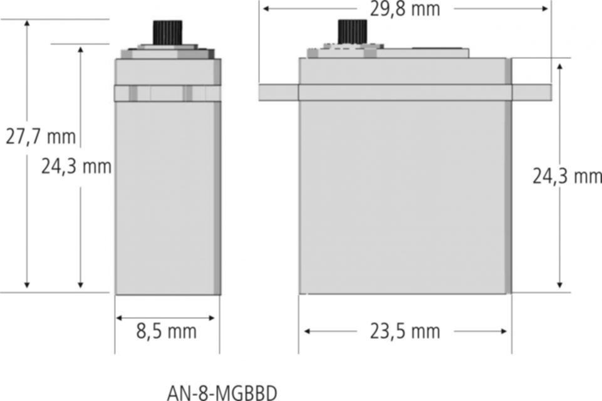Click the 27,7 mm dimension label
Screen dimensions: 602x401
41,137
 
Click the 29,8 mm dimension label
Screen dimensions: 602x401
405,9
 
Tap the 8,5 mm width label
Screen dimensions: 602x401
166,331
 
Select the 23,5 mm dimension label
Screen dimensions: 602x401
405,331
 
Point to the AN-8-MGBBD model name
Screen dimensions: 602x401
222,393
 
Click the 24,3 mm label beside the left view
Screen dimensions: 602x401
76,167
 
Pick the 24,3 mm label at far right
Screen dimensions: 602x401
567,177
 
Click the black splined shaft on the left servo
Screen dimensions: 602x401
168,33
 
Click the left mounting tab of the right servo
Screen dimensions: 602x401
278,93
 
